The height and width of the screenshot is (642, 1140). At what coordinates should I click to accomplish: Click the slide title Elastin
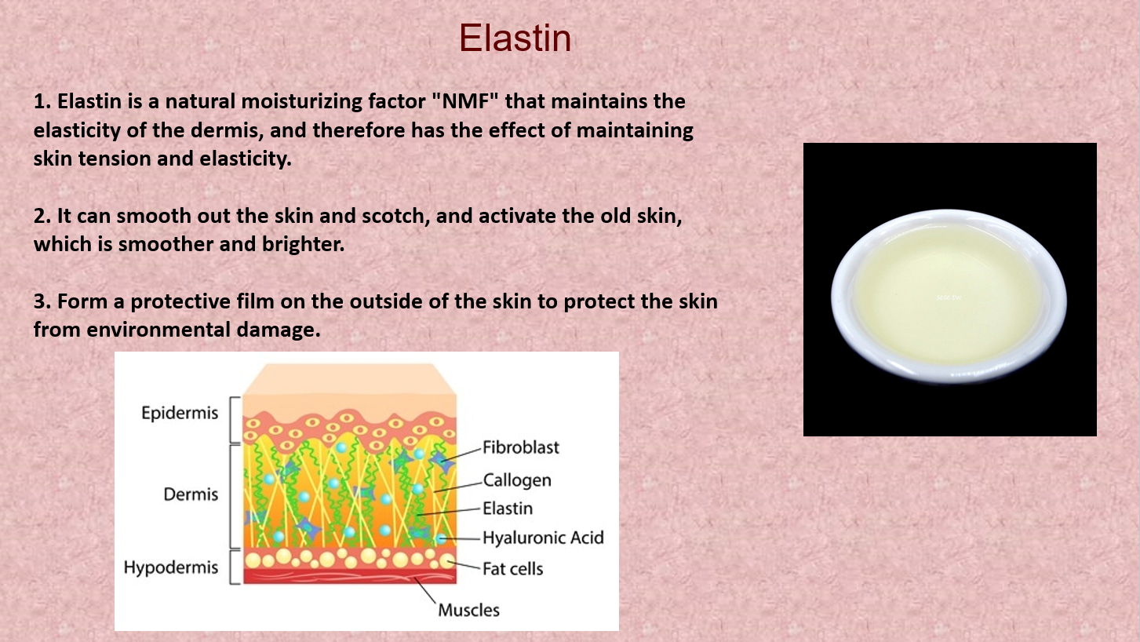(x=515, y=38)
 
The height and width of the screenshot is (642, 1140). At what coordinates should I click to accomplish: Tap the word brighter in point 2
(x=304, y=244)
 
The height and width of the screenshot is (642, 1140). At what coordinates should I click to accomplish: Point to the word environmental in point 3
(x=158, y=330)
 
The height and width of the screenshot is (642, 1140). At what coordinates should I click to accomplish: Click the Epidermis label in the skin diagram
(x=180, y=412)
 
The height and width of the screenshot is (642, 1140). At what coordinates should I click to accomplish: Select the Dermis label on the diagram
(x=191, y=494)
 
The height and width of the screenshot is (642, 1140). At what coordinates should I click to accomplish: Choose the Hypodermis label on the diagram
(x=171, y=567)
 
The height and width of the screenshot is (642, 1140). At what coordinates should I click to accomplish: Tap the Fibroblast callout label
(x=521, y=447)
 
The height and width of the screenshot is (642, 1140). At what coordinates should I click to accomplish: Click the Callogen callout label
(x=516, y=480)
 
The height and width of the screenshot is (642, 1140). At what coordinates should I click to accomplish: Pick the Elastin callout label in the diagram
(x=508, y=508)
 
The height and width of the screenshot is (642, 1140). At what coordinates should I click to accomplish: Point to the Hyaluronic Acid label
(x=543, y=538)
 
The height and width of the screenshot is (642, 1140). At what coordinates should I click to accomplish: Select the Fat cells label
(x=512, y=569)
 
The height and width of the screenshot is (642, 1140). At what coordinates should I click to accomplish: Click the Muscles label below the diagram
(x=468, y=610)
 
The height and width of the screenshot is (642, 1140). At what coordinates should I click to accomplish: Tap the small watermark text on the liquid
(x=949, y=297)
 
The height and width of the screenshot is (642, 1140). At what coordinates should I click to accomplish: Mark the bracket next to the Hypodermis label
(x=234, y=567)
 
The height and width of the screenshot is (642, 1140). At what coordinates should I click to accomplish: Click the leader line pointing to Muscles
(x=425, y=590)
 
